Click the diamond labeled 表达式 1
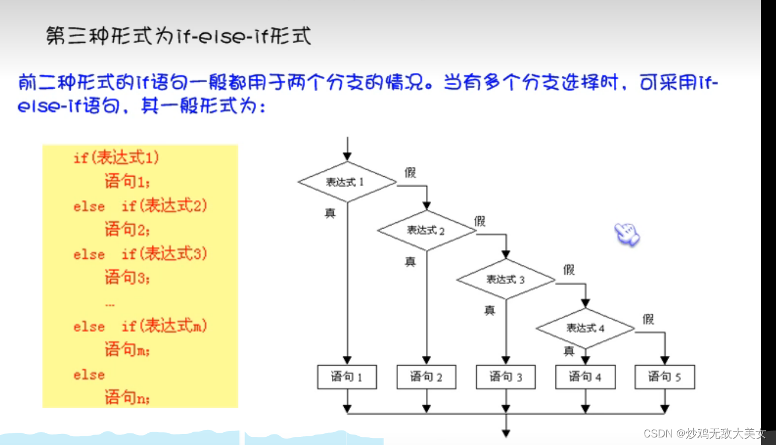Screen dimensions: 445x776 point(347,181)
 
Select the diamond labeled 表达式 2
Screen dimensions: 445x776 point(427,230)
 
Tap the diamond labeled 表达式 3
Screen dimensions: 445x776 point(506,279)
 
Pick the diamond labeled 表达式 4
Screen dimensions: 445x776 point(585,328)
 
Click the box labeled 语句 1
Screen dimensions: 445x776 point(347,377)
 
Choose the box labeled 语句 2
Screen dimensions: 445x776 point(427,377)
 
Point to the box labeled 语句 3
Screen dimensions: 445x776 point(506,377)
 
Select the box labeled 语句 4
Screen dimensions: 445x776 point(585,377)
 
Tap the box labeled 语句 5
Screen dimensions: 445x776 point(665,377)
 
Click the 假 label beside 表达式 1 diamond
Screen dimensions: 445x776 point(410,173)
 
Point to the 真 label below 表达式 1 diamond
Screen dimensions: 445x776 point(330,213)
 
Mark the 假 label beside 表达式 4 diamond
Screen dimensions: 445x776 point(648,319)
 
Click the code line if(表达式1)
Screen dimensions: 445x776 point(116,157)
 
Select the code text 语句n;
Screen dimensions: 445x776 point(127,398)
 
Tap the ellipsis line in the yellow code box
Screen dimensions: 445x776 point(110,303)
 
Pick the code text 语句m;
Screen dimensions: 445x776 point(127,350)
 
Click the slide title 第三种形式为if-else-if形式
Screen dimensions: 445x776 point(179,36)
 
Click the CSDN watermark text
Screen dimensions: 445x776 point(704,433)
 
